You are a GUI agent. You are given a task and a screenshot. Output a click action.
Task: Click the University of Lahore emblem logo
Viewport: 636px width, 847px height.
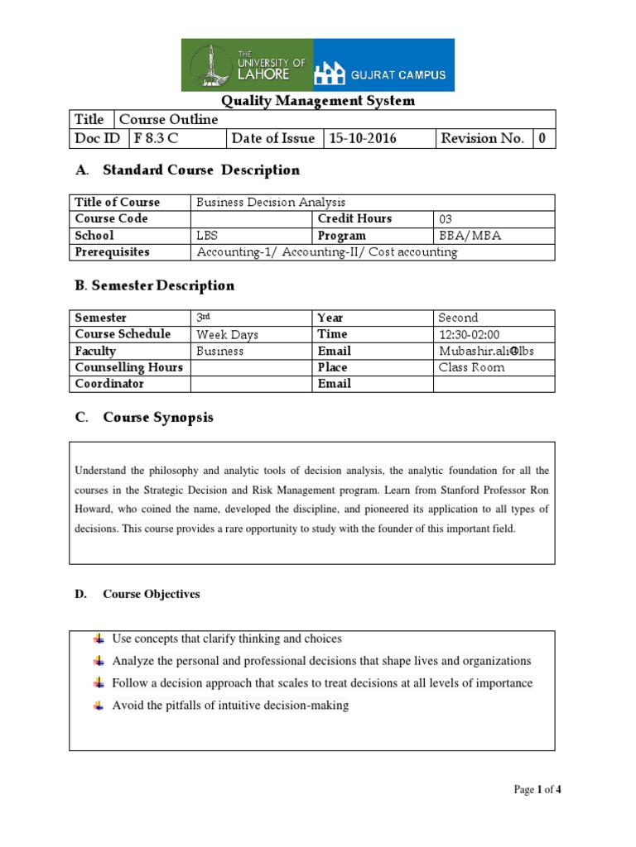[x=210, y=65]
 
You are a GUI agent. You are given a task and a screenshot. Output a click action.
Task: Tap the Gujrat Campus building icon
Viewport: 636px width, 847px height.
[x=329, y=74]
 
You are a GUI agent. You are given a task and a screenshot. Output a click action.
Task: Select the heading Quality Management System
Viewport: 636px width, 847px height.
[x=317, y=101]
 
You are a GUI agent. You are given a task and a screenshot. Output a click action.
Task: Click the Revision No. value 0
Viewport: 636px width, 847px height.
[x=542, y=138]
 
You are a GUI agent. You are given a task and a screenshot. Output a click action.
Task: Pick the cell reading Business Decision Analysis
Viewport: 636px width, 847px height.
[x=271, y=203]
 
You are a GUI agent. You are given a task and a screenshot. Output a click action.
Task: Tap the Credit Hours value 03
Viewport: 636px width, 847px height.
[x=446, y=219]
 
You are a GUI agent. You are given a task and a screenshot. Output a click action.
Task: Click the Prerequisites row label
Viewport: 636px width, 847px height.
[x=113, y=252]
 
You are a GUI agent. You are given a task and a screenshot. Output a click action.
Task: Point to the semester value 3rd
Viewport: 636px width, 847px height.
[x=203, y=318]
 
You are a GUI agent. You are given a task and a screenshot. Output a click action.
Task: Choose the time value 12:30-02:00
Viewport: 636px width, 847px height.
[x=469, y=334]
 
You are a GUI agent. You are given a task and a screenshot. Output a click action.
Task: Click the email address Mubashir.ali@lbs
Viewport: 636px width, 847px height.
[x=486, y=351]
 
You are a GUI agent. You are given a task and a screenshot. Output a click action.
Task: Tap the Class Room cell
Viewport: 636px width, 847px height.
[x=471, y=367]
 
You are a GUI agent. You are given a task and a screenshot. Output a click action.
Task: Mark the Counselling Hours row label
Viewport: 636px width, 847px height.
[x=128, y=367]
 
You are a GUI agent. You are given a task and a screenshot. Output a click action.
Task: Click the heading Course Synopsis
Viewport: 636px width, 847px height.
[x=158, y=418]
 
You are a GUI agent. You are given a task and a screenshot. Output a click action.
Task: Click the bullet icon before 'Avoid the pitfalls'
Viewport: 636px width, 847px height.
[x=99, y=706]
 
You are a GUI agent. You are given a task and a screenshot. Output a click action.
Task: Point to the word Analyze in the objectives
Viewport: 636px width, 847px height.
[x=132, y=661]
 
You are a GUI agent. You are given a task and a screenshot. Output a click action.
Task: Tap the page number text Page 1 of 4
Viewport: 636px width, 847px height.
[x=538, y=790]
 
